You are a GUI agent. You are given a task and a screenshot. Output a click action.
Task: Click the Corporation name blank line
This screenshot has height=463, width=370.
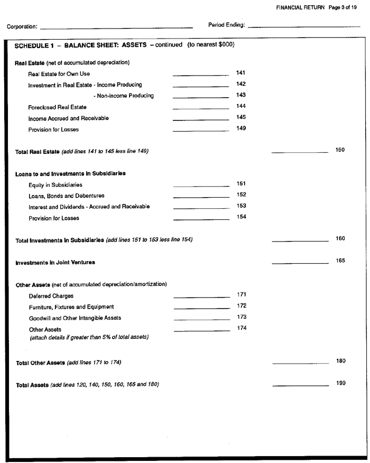(116, 27)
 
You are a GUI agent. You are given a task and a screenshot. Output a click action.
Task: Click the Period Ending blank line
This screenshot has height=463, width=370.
(303, 26)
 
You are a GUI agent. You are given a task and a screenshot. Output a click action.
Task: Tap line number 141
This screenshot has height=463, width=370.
(241, 73)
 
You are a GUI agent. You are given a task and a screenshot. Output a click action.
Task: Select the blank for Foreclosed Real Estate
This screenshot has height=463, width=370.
(201, 108)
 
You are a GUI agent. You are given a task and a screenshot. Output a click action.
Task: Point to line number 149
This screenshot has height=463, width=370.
(241, 128)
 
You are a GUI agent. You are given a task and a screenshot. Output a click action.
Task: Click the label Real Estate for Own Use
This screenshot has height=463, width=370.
(59, 74)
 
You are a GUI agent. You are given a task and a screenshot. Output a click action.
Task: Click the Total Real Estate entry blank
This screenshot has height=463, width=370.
(300, 152)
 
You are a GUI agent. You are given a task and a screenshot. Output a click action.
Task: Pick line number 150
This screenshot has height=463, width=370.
(340, 150)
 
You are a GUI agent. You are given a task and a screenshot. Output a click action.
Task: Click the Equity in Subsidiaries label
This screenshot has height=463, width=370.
(55, 185)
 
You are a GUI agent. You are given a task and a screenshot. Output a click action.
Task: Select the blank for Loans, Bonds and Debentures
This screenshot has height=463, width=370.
(201, 197)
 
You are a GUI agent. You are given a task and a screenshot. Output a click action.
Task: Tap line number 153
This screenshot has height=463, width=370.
(242, 206)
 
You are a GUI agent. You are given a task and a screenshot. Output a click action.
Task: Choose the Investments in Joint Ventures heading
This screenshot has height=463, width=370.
(55, 262)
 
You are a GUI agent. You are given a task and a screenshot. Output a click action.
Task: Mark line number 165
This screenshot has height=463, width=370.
(340, 261)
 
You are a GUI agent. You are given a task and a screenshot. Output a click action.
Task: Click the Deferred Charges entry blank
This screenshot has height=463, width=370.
(202, 297)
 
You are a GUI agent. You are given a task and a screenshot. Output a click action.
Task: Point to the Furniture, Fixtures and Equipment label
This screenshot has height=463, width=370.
(71, 307)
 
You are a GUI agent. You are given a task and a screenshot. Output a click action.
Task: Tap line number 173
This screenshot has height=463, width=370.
(242, 317)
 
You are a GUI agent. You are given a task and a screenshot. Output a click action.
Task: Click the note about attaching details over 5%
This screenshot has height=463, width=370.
(89, 337)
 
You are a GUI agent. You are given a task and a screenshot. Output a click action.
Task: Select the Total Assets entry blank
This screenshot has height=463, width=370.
(300, 385)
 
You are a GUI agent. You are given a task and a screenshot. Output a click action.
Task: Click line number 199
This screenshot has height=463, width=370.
(341, 383)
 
